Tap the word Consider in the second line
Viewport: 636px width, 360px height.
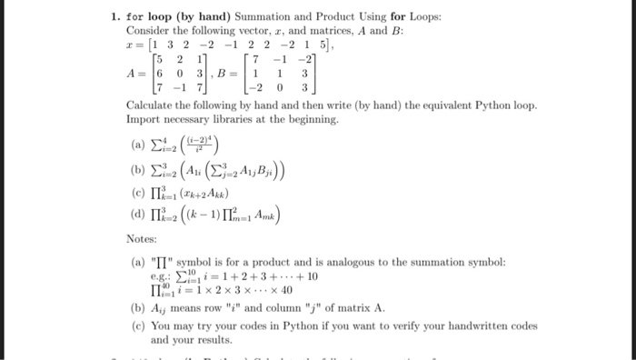tap(150, 30)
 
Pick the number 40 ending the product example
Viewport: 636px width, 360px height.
tap(287, 291)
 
